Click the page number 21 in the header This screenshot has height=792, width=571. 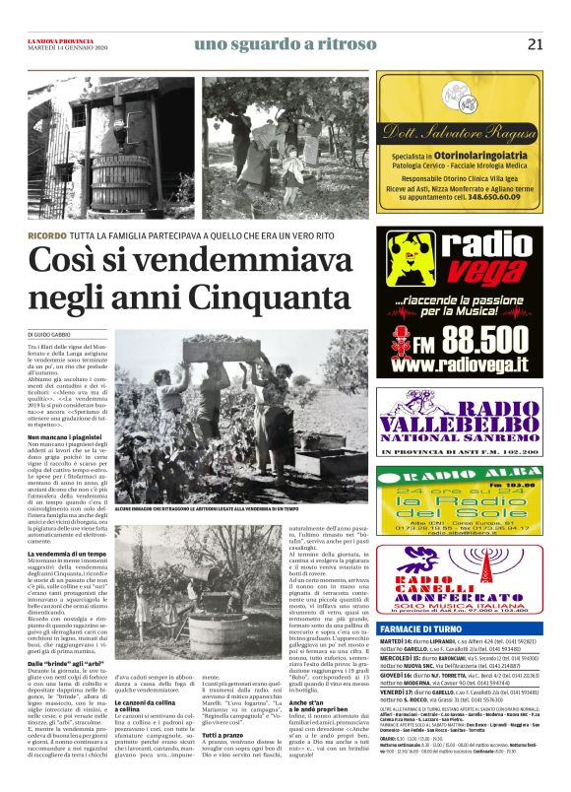[535, 43]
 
